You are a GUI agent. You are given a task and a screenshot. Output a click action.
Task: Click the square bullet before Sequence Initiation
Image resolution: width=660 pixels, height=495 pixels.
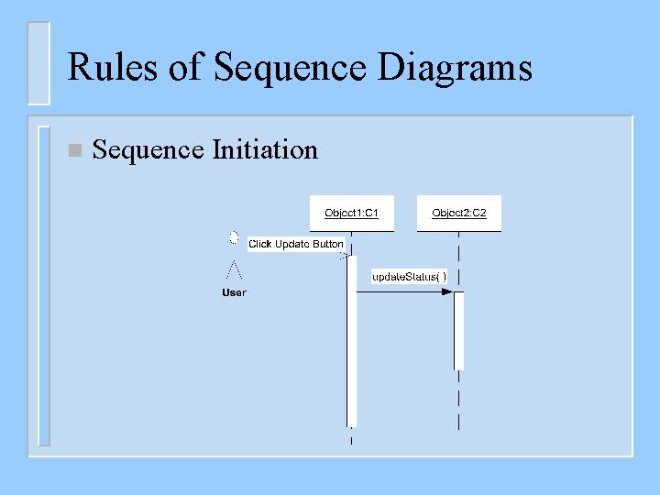74,150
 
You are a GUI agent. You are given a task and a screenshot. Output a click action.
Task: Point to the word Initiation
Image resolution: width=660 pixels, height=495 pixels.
265,149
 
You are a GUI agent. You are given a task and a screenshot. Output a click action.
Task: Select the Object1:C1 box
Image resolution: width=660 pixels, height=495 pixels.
351,214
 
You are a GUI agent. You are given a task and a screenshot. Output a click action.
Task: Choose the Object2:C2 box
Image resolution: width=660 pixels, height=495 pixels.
459,214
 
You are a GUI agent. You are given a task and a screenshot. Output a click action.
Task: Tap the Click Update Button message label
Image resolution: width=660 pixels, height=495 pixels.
296,244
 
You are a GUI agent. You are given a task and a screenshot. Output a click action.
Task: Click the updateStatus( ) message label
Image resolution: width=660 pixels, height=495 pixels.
409,277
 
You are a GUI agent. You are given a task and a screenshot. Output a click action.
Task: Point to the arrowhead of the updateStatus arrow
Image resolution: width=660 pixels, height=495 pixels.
447,291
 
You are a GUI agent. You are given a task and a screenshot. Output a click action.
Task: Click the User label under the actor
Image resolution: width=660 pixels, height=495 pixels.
234,292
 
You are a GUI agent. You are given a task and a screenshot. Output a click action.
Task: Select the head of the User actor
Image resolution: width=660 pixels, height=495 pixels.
234,238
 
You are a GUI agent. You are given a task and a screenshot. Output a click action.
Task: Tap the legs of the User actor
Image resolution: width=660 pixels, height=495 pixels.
234,269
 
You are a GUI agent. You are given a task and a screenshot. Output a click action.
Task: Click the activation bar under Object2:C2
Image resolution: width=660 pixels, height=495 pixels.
458,330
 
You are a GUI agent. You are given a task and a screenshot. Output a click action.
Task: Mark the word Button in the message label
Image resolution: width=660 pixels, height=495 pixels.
328,244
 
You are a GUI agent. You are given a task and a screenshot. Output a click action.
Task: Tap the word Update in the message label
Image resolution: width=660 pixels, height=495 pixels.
292,244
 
